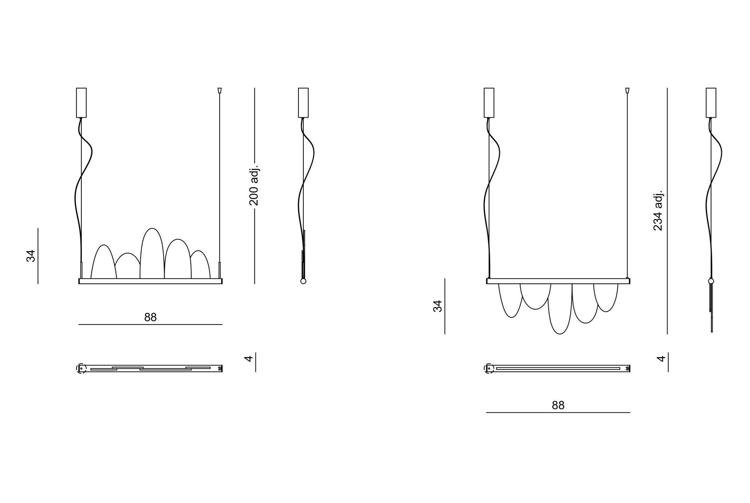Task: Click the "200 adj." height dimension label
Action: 254,184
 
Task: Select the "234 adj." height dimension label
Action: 658,210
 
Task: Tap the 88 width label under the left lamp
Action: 150,317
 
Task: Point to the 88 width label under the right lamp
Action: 558,405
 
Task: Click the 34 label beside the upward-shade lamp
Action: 31,256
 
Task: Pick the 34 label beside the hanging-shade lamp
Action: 438,306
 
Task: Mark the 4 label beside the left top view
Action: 249,359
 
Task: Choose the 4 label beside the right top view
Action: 661,359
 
